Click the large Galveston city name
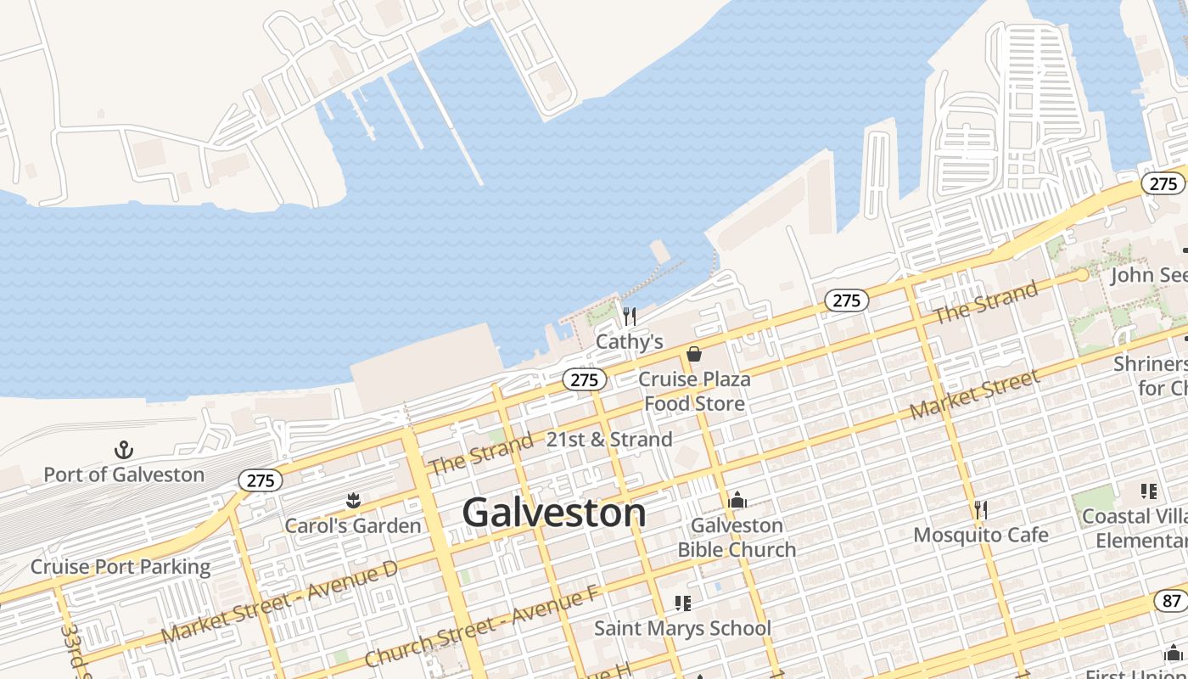(x=553, y=513)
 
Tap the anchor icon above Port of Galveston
(x=125, y=450)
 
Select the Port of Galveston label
(x=124, y=474)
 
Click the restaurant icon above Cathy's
(x=629, y=317)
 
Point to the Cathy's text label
(x=629, y=341)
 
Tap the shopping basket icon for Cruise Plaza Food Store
(x=694, y=354)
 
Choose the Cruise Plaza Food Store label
(x=694, y=390)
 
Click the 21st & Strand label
(x=609, y=440)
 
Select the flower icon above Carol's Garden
(x=353, y=501)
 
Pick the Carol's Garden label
(x=352, y=525)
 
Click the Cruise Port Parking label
(x=120, y=566)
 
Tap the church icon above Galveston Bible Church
(x=737, y=500)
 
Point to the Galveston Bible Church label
(x=737, y=537)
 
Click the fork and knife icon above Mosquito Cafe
(x=980, y=510)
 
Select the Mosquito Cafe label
(x=980, y=535)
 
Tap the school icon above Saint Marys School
(x=682, y=603)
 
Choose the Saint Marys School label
(x=682, y=628)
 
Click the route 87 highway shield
(x=1171, y=601)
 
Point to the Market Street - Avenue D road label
(x=279, y=602)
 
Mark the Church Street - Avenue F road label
(x=481, y=626)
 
